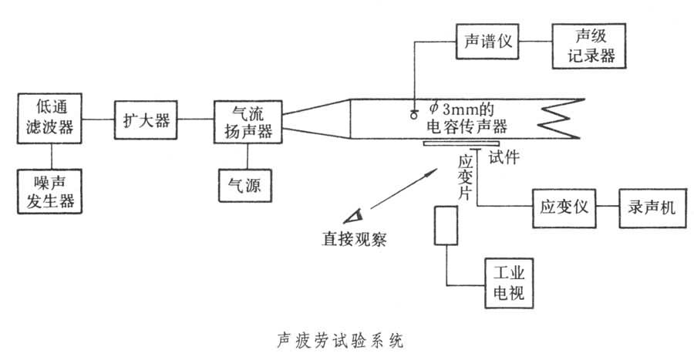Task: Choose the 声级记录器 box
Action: [586, 45]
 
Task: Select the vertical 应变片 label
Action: [464, 178]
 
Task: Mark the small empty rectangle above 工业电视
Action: [445, 225]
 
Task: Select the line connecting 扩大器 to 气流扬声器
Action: [195, 119]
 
